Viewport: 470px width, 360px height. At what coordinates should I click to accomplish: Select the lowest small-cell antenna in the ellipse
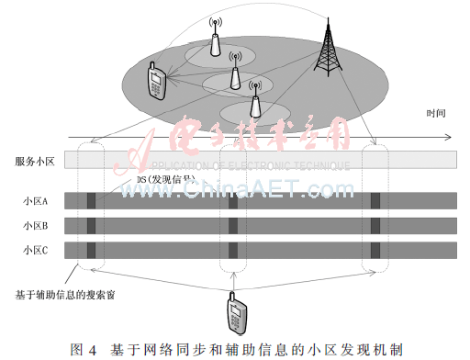(253, 92)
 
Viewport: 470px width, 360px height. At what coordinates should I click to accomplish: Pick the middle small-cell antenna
(234, 67)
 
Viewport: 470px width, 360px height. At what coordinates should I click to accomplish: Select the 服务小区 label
(35, 161)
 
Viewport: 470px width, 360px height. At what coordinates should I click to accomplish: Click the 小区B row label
(36, 225)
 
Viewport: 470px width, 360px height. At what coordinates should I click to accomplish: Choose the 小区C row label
(36, 249)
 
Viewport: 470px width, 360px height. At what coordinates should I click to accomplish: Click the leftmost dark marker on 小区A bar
(89, 200)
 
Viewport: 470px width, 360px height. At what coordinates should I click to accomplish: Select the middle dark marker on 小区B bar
(232, 225)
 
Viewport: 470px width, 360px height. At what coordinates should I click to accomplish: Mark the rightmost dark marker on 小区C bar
(375, 249)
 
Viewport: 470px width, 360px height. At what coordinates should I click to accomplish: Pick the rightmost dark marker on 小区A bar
(375, 200)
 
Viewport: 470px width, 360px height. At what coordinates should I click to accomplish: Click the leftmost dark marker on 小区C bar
(89, 249)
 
